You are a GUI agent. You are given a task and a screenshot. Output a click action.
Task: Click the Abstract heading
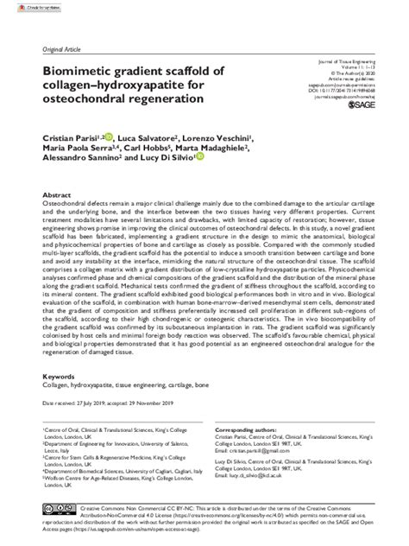tap(58, 196)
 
